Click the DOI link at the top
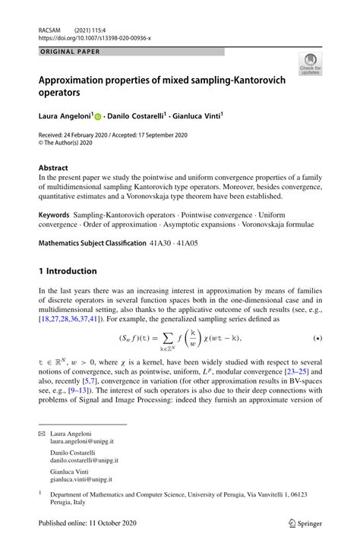(96, 36)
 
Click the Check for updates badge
(309, 65)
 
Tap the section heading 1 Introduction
(68, 271)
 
